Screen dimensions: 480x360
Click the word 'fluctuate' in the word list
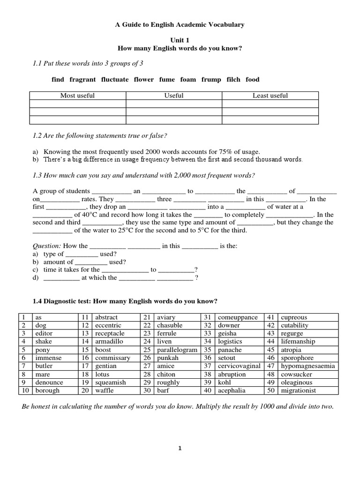tap(114, 80)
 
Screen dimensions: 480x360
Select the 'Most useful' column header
tap(77, 96)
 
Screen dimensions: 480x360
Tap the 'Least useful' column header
tap(270, 96)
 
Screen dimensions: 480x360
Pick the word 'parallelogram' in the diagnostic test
tap(177, 350)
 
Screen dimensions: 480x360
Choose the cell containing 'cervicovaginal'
tap(239, 366)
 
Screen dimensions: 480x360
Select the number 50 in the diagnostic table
tap(271, 390)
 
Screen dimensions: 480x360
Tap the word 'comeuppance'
tap(238, 317)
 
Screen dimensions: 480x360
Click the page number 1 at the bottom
tap(180, 448)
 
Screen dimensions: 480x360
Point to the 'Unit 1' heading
tap(180, 41)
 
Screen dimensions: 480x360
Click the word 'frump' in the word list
tap(211, 80)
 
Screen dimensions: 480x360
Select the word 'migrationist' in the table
tap(298, 390)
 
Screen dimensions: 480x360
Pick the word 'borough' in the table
tap(47, 390)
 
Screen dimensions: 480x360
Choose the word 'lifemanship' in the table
tap(298, 342)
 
